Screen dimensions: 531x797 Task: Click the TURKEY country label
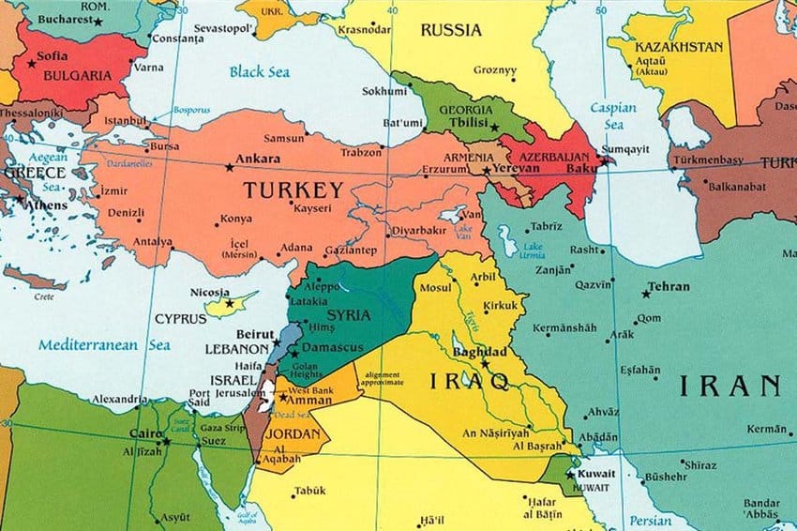coord(293,190)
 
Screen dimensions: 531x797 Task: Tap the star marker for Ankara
coord(230,168)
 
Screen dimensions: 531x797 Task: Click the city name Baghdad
coord(479,351)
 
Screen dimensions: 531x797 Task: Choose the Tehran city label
coord(669,287)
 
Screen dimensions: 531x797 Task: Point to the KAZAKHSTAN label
coord(679,47)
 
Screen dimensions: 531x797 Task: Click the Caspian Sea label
coord(612,115)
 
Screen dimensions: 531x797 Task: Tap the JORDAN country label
coord(292,435)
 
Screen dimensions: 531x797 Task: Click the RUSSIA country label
coord(450,30)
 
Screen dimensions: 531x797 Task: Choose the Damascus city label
coord(334,347)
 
